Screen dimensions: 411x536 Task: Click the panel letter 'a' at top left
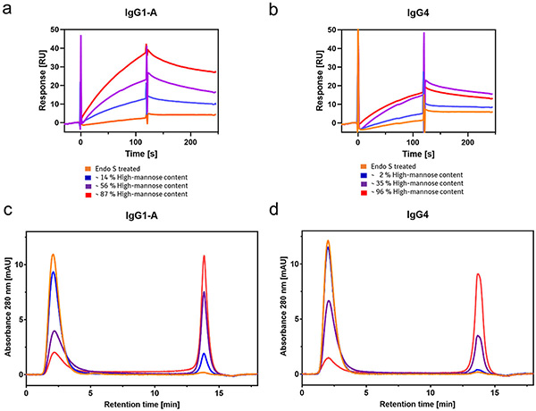point(6,7)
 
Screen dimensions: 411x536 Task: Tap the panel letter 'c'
point(6,211)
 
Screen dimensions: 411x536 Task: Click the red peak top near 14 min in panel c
point(205,256)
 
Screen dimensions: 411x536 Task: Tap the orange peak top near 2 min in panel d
point(329,240)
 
